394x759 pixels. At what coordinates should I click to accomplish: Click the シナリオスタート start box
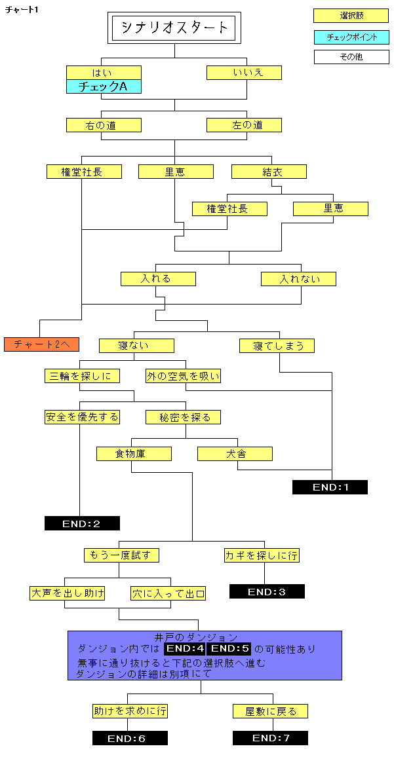point(174,28)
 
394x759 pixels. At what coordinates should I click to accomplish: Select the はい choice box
point(104,72)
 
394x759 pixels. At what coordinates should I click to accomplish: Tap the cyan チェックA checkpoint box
point(104,86)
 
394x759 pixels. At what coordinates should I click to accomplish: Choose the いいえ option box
point(244,72)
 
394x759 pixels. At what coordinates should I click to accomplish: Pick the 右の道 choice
point(104,125)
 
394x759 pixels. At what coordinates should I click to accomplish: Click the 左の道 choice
point(244,125)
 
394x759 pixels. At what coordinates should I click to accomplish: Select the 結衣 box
point(269,172)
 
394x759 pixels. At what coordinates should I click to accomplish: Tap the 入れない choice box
point(298,279)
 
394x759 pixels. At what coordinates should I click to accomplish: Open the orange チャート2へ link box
point(41,344)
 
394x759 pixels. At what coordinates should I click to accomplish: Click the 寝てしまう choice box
point(276,345)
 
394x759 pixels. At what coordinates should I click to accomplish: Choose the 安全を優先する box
point(83,417)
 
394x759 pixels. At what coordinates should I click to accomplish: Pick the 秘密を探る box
point(183,417)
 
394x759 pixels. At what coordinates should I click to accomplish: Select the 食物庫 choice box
point(134,453)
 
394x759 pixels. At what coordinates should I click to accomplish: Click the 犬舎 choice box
point(235,453)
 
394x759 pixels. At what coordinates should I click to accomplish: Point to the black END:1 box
point(330,487)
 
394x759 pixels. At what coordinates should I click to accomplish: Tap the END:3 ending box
point(267,591)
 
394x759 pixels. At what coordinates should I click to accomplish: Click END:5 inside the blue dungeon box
point(229,649)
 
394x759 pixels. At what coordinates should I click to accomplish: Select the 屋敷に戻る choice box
point(270,711)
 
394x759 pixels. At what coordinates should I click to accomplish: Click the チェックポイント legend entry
point(351,37)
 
